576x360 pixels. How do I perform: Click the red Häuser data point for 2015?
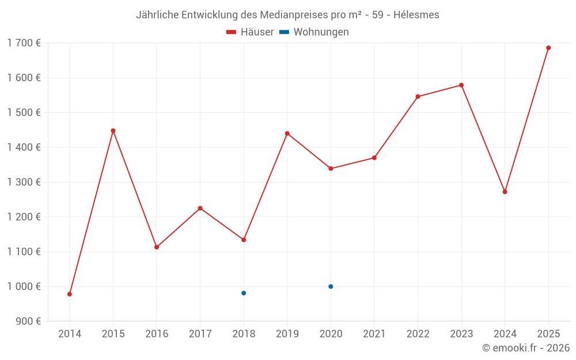(113, 131)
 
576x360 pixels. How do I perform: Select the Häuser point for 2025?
(548, 48)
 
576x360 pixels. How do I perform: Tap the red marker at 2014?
(70, 294)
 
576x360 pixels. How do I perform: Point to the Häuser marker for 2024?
(505, 192)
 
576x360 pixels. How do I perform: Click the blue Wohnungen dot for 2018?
(244, 293)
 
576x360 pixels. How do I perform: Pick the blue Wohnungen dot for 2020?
(331, 286)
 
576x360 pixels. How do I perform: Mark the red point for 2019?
(287, 134)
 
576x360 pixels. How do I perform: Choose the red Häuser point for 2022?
(418, 97)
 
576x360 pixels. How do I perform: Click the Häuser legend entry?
(250, 32)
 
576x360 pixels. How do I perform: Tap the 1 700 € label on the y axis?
(24, 43)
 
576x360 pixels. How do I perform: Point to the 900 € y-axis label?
(28, 321)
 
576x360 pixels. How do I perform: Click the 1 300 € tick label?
(24, 182)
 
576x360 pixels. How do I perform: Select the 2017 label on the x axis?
(200, 334)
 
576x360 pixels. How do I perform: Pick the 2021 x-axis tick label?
(374, 334)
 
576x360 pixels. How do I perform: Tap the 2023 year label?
(461, 334)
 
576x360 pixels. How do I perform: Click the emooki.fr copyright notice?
(526, 348)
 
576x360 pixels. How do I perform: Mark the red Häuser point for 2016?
(157, 247)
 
